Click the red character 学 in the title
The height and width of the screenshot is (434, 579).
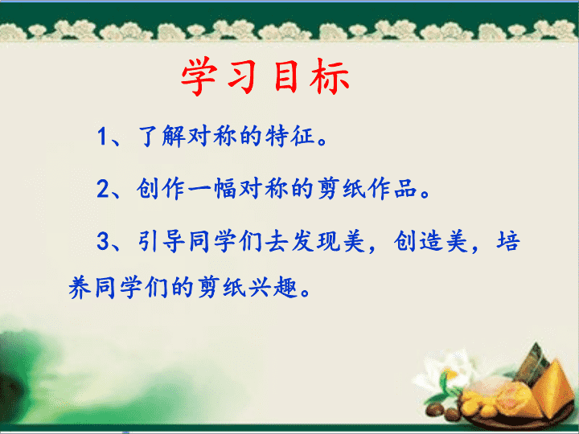tap(199, 76)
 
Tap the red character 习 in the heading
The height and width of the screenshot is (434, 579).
tap(242, 76)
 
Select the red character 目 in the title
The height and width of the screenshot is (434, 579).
tap(286, 76)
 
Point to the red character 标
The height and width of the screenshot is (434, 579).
tap(330, 76)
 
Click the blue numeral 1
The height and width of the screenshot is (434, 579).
tap(102, 137)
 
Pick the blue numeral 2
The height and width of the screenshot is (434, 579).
tap(103, 189)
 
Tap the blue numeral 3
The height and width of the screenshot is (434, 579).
tap(103, 241)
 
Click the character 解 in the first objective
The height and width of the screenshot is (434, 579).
tap(174, 136)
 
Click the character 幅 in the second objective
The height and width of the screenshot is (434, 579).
tap(225, 189)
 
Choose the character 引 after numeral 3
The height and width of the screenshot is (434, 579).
tap(149, 241)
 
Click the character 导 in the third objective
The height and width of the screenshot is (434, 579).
tap(174, 241)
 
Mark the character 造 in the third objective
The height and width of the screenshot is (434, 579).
tap(430, 241)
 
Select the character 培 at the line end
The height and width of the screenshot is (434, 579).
tap(508, 241)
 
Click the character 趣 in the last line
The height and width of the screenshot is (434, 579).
tap(285, 288)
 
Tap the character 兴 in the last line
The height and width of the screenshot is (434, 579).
tap(260, 288)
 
